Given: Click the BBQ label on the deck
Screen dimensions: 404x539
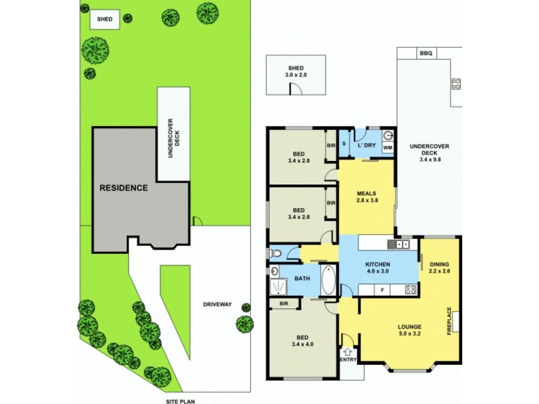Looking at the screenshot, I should click(x=424, y=53).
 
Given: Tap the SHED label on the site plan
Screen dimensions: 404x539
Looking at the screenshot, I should click(x=105, y=19).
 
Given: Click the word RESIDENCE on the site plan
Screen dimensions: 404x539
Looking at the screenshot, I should click(x=124, y=188).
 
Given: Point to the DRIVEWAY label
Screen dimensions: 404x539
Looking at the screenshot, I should click(x=217, y=304).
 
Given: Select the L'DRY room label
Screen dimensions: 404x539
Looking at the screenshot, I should click(x=366, y=145).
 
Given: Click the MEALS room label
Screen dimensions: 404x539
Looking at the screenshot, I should click(x=366, y=194).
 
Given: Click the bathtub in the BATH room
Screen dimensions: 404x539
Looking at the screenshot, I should click(x=327, y=279).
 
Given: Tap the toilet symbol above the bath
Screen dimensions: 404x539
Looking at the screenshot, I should click(x=275, y=253).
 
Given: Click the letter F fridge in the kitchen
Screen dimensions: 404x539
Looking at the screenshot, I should click(x=383, y=290).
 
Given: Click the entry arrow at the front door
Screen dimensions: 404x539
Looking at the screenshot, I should click(x=348, y=351).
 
